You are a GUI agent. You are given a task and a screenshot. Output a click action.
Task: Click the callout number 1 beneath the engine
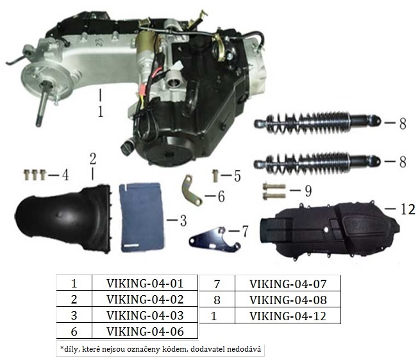pyautogui.click(x=101, y=112)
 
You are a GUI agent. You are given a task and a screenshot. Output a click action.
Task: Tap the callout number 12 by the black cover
pyautogui.click(x=408, y=209)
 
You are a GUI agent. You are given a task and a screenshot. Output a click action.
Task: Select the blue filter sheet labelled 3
pyautogui.click(x=142, y=218)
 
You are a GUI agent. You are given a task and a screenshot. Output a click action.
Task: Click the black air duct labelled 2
pyautogui.click(x=63, y=218)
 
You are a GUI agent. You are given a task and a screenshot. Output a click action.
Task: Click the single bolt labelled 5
pyautogui.click(x=215, y=176)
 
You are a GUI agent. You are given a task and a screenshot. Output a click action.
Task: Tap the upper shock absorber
pyautogui.click(x=317, y=123)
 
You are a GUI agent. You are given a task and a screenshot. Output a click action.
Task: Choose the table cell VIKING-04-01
pyautogui.click(x=145, y=284)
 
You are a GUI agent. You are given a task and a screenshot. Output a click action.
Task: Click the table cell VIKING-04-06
pyautogui.click(x=145, y=332)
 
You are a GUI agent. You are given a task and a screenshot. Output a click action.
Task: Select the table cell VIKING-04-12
pyautogui.click(x=288, y=316)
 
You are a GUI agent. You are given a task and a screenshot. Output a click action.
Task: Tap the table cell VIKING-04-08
pyautogui.click(x=288, y=300)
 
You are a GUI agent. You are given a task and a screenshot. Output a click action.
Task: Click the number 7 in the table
pyautogui.click(x=217, y=284)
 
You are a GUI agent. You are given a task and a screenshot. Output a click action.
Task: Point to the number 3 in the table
pyautogui.click(x=74, y=316)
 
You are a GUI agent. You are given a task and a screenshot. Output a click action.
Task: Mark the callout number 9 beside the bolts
pyautogui.click(x=308, y=191)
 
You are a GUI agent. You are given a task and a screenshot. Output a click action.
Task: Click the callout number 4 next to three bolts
pyautogui.click(x=65, y=176)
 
